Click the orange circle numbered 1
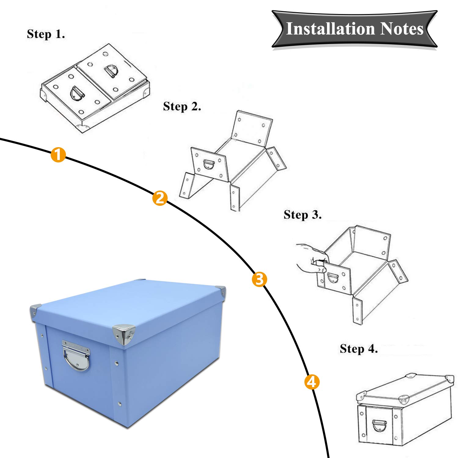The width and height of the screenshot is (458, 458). click(x=58, y=154)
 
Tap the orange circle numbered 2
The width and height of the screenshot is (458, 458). click(x=160, y=198)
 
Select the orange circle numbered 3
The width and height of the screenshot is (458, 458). click(x=259, y=279)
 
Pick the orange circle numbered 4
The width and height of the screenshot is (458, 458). click(x=312, y=382)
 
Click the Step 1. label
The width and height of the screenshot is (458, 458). click(x=46, y=34)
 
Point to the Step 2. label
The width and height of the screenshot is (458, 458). click(x=182, y=107)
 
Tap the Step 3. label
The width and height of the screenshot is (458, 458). click(x=302, y=215)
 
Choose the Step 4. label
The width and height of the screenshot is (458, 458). click(x=359, y=349)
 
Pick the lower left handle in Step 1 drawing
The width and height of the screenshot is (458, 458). click(x=77, y=93)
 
